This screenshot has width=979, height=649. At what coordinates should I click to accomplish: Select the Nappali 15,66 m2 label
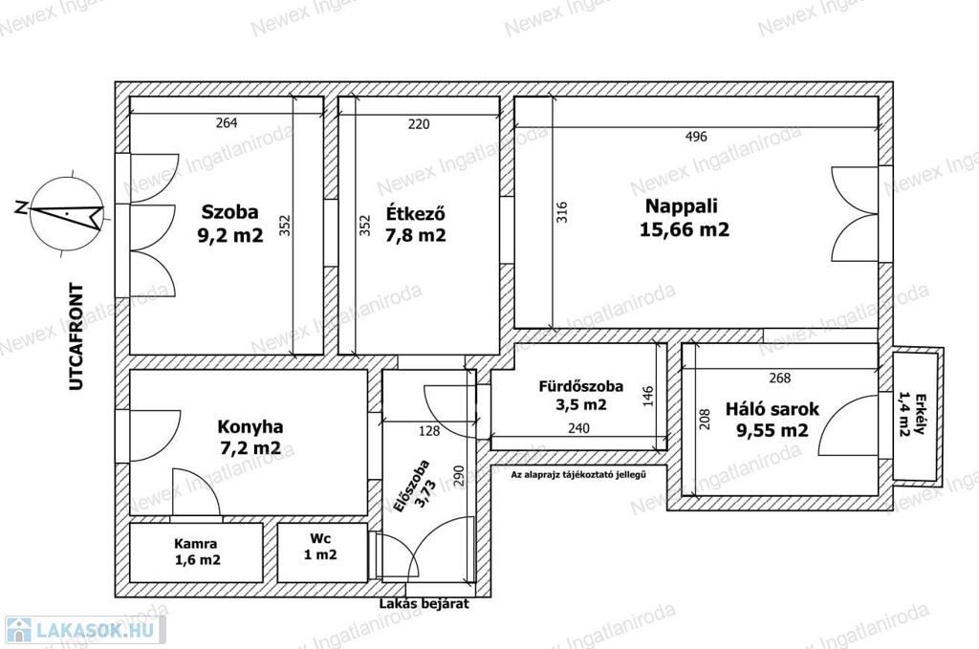coord(684,217)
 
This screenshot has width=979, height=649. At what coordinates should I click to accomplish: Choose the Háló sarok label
coord(772,409)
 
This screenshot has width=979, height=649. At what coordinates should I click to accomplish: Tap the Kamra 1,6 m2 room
coord(197,552)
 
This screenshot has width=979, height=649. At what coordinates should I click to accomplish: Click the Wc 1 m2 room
coord(320,547)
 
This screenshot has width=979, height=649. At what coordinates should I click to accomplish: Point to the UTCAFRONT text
coord(76,336)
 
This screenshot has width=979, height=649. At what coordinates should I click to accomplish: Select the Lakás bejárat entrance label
coord(424,603)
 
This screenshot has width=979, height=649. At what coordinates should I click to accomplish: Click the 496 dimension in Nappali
coord(696,136)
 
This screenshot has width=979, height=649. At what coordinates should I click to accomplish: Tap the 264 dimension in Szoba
coord(227,123)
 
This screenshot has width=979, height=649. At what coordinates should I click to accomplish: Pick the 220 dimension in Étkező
coord(419,124)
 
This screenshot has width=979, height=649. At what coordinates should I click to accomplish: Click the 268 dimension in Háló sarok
coord(780,378)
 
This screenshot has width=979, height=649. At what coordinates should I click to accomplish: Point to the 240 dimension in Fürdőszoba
coord(578,428)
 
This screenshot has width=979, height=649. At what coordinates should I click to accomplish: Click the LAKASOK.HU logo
coord(85,630)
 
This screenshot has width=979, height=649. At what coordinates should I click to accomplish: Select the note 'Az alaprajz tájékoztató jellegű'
coord(578,474)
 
